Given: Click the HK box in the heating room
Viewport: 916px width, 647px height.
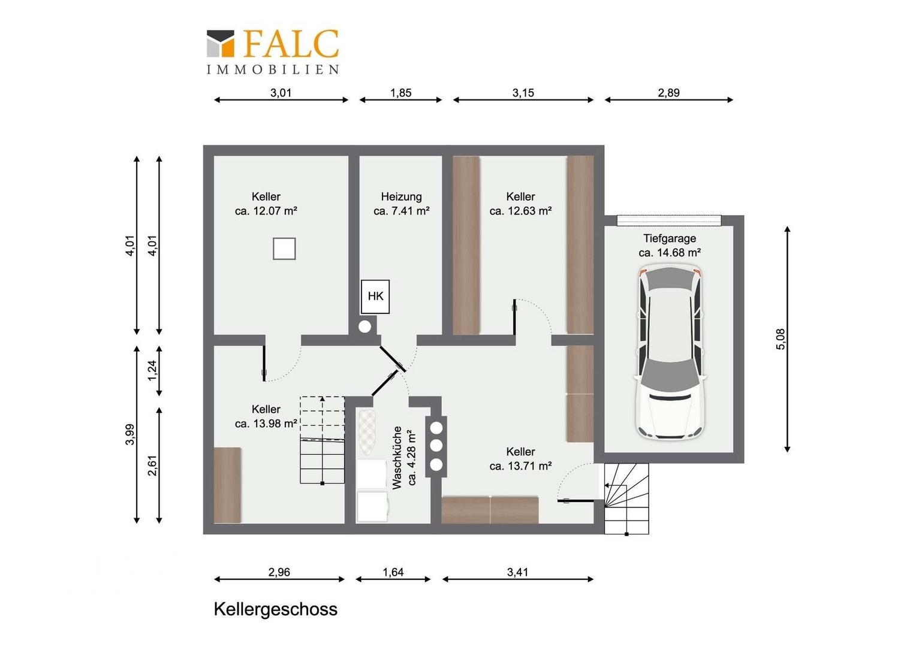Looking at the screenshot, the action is click(x=375, y=297).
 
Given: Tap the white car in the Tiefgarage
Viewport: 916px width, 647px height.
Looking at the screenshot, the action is click(x=670, y=352).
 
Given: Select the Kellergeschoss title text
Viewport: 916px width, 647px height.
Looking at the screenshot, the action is click(x=275, y=609).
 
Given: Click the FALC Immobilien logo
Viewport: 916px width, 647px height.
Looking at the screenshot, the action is click(x=272, y=52).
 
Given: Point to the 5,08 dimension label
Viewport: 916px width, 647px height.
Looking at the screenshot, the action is click(x=781, y=339).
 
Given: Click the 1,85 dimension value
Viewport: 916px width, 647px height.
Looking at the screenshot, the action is click(x=400, y=93).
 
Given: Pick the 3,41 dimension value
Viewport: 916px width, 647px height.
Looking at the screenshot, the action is click(x=518, y=572).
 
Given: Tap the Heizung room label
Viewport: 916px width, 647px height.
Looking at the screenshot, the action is click(x=402, y=196).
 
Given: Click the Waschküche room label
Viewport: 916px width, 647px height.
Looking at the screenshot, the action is click(x=397, y=458).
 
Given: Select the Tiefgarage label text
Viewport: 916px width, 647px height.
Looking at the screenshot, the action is click(x=670, y=238).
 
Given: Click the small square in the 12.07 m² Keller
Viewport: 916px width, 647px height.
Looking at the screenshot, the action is click(x=284, y=249).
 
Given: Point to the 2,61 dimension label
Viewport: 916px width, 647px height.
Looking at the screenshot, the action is click(x=152, y=465).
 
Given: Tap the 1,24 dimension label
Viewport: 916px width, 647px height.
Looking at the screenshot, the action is click(x=152, y=370).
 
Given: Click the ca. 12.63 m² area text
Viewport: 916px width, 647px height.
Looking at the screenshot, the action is click(x=520, y=211).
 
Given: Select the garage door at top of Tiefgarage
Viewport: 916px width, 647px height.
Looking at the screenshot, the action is click(x=669, y=220).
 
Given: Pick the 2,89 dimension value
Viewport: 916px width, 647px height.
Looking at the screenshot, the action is click(x=668, y=93).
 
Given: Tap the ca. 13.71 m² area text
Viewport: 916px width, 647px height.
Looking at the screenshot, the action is click(x=520, y=466).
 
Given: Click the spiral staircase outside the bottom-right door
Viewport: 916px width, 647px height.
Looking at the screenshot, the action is click(x=626, y=498).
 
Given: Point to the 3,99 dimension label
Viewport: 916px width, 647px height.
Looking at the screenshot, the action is click(x=129, y=434).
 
